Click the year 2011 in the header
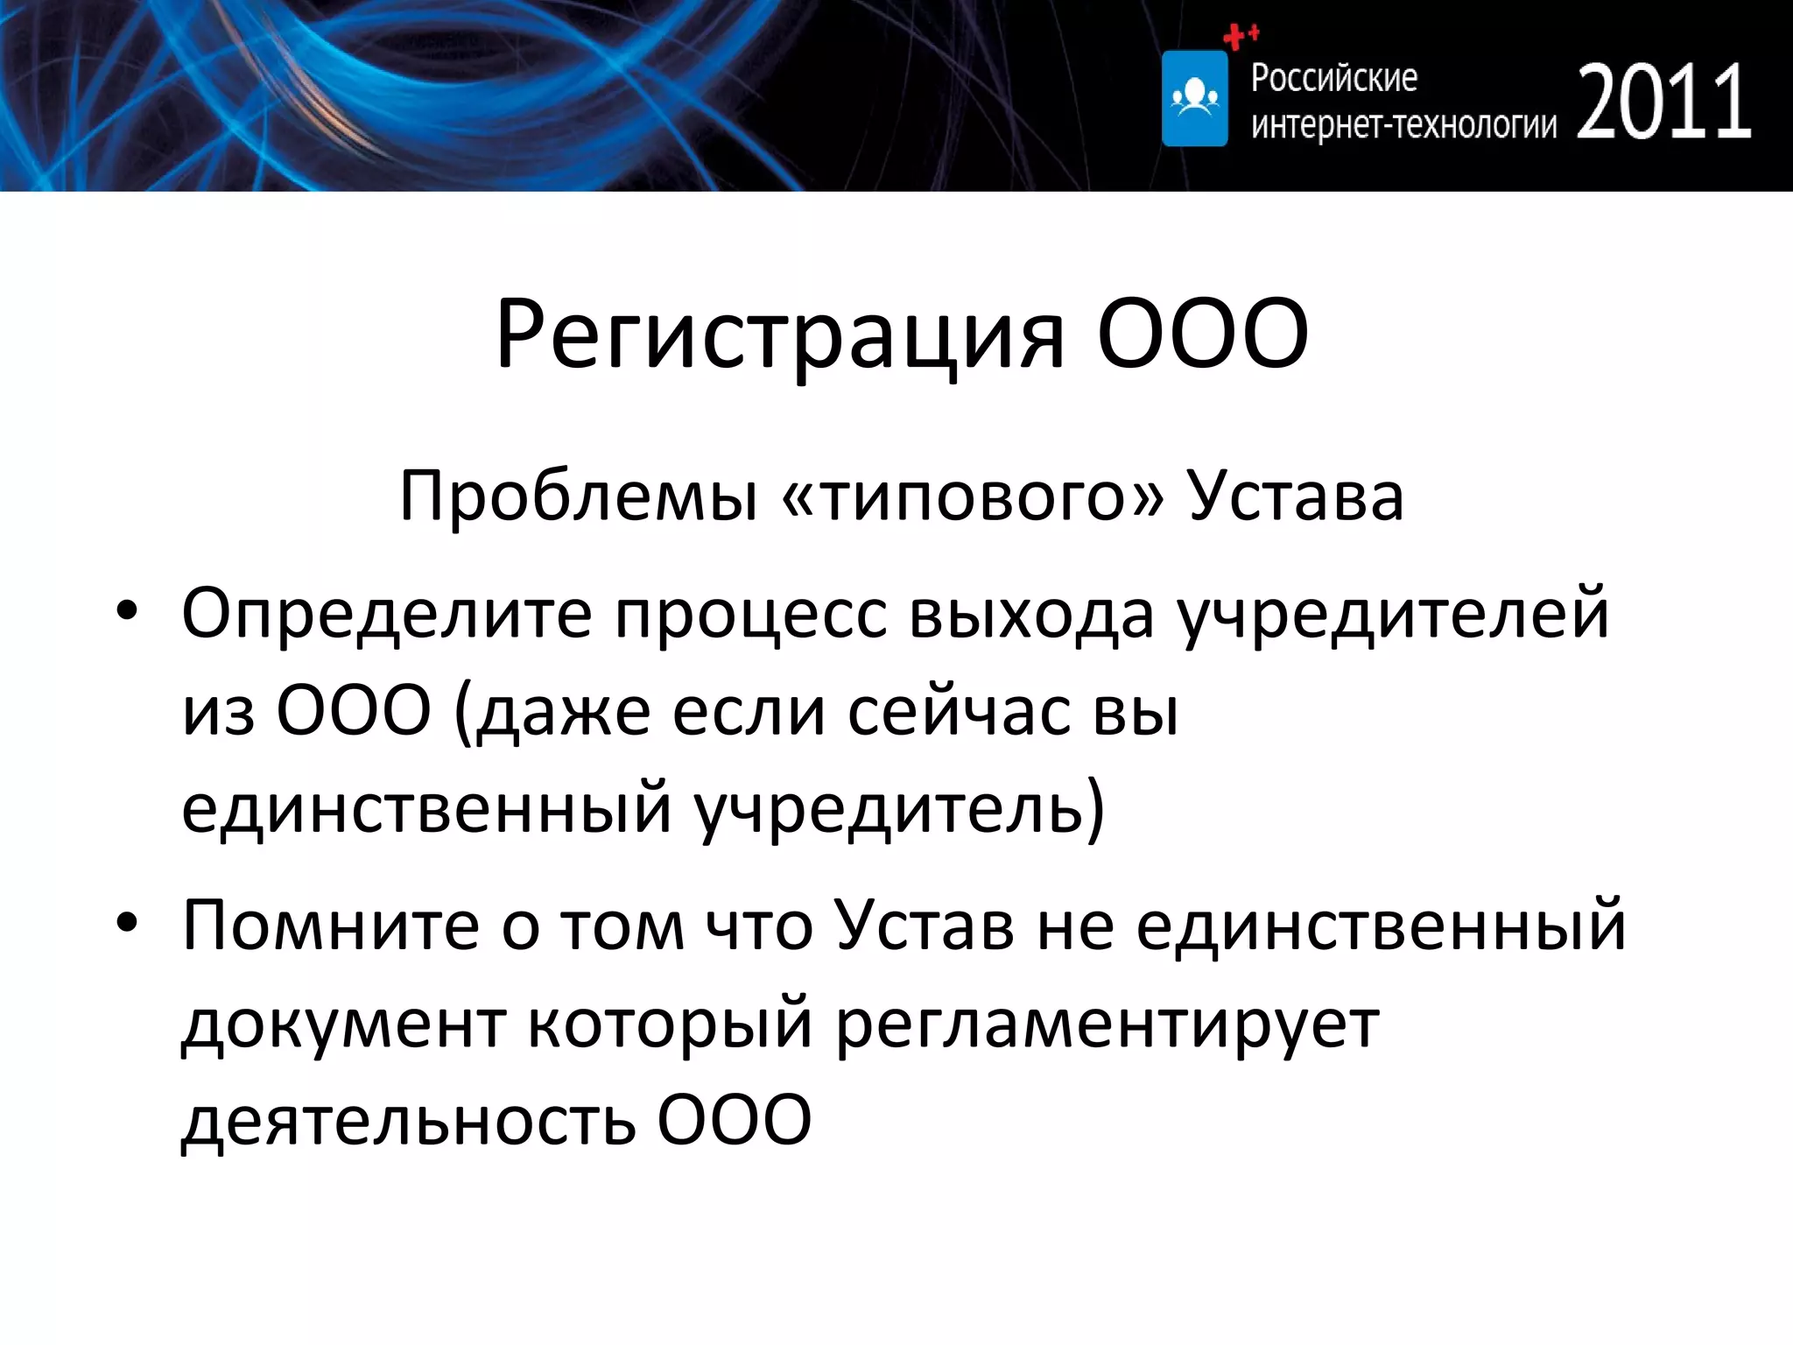click(x=1663, y=102)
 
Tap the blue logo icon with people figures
click(x=1194, y=98)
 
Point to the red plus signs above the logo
click(x=1240, y=36)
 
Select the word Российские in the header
click(x=1333, y=78)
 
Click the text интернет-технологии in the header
click(x=1403, y=125)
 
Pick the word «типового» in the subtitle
click(x=972, y=496)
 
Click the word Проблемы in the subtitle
click(x=578, y=496)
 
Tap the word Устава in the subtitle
click(x=1296, y=496)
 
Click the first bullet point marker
click(x=128, y=612)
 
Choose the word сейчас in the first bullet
click(x=959, y=711)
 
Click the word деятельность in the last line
click(x=408, y=1121)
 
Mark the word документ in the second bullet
click(x=343, y=1023)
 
